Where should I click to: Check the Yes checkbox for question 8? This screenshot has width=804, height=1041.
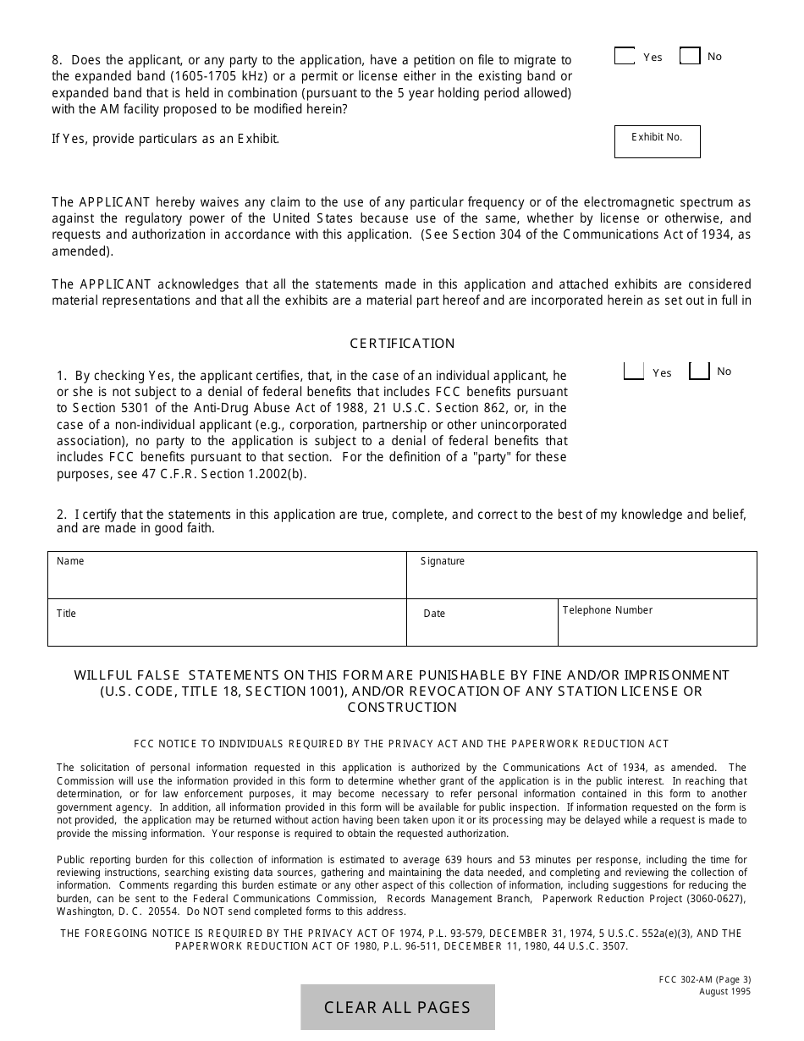[625, 57]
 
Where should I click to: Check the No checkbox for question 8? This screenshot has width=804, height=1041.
[690, 57]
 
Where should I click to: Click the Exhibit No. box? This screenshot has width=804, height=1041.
[657, 142]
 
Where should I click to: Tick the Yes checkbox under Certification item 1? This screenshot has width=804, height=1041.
[633, 372]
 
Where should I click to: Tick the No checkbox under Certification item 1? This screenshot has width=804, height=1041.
[699, 372]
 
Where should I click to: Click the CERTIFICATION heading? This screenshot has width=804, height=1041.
[402, 344]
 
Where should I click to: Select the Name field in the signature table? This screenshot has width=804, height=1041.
[227, 576]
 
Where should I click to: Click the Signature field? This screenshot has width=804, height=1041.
[581, 576]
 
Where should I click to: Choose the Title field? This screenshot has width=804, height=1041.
[227, 623]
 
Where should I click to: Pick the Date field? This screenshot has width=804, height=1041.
[482, 623]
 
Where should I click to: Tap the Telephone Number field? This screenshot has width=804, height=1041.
[657, 623]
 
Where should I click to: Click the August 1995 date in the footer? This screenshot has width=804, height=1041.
[724, 992]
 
